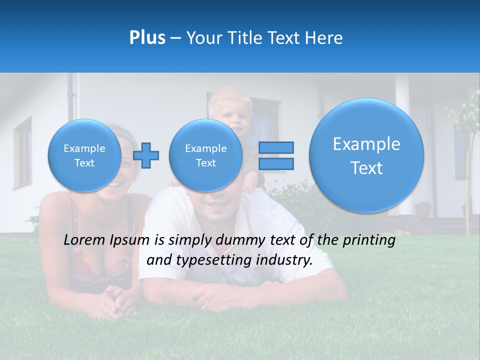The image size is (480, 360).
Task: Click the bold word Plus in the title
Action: [x=147, y=38]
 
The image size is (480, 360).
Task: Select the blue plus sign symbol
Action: [x=146, y=155]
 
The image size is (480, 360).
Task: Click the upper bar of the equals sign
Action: [x=276, y=147]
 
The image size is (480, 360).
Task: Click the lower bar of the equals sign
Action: [x=276, y=163]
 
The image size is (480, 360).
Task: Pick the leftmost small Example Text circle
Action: [x=84, y=155]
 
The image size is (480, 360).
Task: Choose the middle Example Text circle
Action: [x=205, y=155]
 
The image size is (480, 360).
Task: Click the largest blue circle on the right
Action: [x=366, y=155]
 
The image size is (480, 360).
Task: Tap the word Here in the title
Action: [x=324, y=38]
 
